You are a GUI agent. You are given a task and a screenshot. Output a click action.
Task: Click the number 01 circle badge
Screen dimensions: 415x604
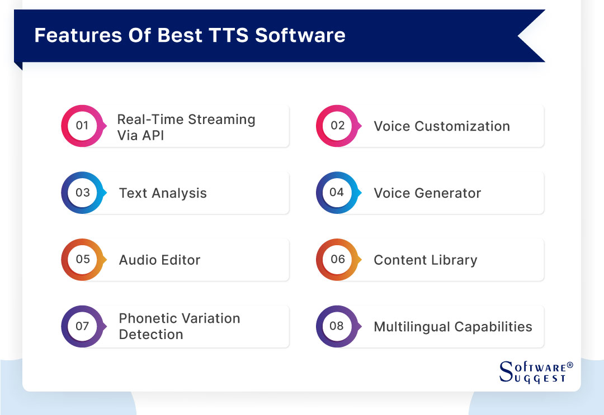pos(82,126)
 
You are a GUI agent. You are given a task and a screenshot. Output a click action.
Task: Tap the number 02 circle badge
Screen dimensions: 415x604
pos(337,126)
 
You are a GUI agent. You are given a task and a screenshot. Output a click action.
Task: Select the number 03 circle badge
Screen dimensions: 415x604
pos(82,193)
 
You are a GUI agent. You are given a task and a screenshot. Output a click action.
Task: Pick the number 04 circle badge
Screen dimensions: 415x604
pos(337,193)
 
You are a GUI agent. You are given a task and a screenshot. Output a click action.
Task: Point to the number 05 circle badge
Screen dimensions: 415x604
pos(82,259)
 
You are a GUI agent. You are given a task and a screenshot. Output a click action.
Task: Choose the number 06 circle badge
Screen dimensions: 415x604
pos(337,259)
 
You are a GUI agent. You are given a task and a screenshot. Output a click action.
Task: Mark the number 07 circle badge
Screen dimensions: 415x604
pos(82,326)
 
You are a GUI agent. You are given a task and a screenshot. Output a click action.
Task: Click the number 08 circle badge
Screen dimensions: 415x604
pos(337,326)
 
